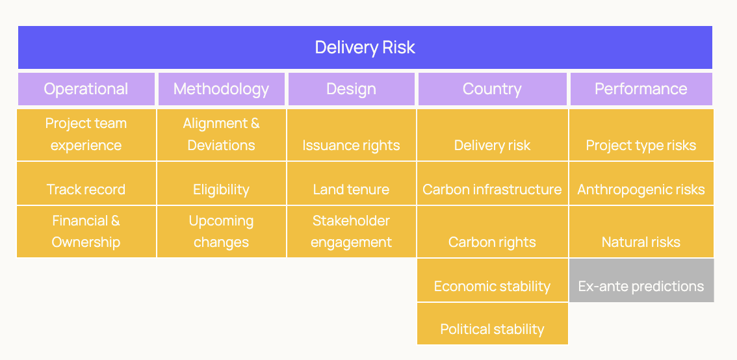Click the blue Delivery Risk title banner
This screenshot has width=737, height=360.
coord(365,47)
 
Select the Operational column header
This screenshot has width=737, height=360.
coord(86,89)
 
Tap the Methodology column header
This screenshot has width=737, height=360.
coord(222,89)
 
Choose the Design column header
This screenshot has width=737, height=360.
coord(351,89)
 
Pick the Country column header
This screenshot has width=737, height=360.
coord(492,89)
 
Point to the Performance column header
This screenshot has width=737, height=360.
coord(641,89)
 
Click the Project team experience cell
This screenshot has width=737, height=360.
coord(86,135)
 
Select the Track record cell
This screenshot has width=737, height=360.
coord(86,183)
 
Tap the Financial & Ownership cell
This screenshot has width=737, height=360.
coord(86,232)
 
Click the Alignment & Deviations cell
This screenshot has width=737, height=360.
coord(222,135)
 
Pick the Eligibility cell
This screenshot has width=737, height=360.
coord(222,183)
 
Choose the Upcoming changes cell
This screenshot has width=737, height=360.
coord(222,232)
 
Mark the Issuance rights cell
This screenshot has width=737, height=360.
coord(352,135)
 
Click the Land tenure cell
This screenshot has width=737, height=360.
coord(352,183)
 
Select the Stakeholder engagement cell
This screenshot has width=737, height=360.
coord(352,232)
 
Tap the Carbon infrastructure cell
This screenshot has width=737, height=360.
coord(493,183)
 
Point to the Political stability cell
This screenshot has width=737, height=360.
coord(493,324)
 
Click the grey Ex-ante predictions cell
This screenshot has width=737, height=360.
coord(641,280)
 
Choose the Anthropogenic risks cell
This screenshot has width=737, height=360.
coord(641,183)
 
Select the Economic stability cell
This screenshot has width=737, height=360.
coord(493,280)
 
